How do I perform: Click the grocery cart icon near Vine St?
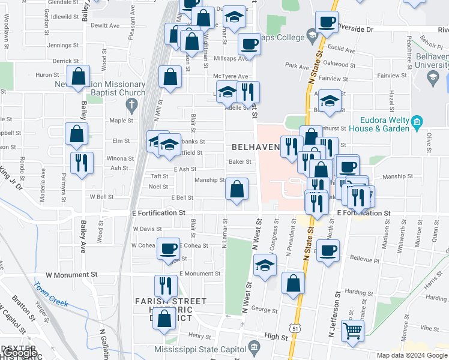pos(352,330)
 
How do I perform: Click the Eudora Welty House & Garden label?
pos(385,124)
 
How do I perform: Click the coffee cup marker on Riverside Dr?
pos(327,23)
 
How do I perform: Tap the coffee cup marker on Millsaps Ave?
pos(249,43)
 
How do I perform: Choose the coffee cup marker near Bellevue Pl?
pos(328,250)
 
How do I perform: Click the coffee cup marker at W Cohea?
pos(168,248)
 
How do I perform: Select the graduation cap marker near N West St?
pos(265,265)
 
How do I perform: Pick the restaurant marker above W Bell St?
pos(81,162)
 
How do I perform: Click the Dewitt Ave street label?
pos(105,26)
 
